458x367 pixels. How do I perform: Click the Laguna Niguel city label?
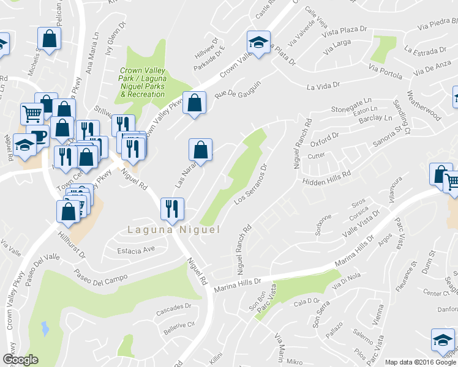(173, 230)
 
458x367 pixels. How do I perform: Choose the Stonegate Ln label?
(351, 105)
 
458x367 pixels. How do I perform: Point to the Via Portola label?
(385, 70)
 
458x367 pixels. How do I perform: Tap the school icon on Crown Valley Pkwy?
(258, 43)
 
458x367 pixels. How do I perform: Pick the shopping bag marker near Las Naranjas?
(200, 149)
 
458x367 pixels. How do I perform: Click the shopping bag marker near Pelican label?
(50, 39)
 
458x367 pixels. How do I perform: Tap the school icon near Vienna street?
(443, 339)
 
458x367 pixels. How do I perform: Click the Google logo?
(20, 360)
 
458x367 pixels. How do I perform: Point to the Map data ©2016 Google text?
(421, 362)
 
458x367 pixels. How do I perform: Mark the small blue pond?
(45, 328)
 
